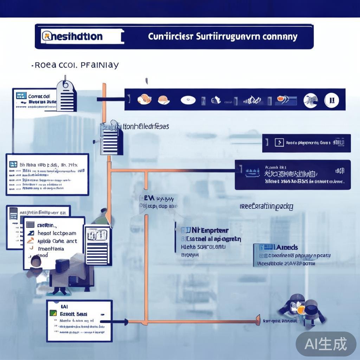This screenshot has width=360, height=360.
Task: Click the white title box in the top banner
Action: point(82,37)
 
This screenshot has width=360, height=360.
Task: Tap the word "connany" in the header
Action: point(281,37)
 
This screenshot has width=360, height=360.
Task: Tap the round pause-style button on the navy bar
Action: point(332,100)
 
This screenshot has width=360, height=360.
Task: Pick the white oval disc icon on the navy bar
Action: point(188,100)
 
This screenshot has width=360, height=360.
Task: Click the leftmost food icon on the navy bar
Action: point(144,99)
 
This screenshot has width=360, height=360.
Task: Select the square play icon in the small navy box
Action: point(279,142)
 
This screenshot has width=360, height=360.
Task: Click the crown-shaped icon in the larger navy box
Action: point(252,172)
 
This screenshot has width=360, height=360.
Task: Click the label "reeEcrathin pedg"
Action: point(266,206)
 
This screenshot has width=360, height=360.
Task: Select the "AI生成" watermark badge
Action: point(326,344)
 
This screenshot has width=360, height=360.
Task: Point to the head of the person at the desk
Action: point(36,261)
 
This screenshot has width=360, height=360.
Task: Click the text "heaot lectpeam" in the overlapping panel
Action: point(57,233)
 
